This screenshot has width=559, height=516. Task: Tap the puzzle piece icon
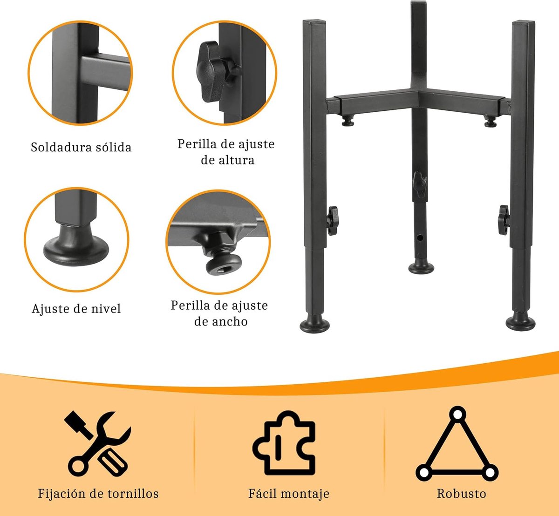284,443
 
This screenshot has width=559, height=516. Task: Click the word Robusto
461,494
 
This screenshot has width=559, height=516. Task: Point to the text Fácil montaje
289,494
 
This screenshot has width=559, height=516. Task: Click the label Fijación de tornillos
98,494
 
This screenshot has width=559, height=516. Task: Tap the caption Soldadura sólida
81,148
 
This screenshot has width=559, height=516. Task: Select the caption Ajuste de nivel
76,309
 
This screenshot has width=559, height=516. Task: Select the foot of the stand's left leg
314,325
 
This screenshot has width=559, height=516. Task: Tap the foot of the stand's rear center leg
421,267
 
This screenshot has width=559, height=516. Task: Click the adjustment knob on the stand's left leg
332,220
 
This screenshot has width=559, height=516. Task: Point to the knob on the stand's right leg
503,219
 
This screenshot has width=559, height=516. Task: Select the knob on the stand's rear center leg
419,183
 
